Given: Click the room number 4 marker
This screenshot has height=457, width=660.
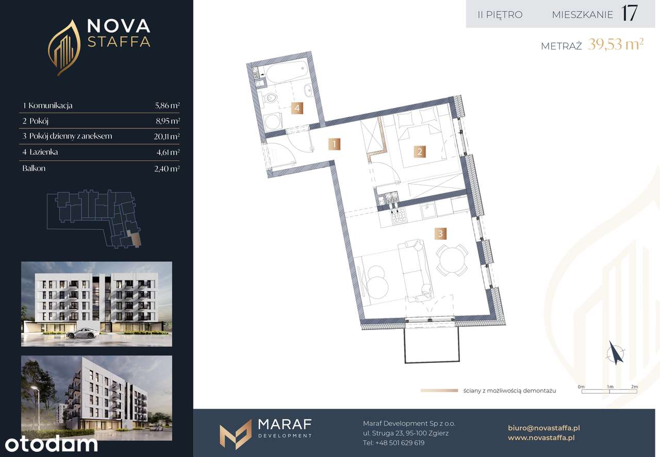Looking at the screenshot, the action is (297, 108).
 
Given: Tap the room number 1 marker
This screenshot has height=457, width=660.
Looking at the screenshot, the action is (334, 144).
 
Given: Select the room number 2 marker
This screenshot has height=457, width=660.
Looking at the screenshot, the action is (420, 152).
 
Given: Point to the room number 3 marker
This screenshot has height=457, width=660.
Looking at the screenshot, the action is (440, 233).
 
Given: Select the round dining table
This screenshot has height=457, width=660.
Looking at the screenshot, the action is (452, 260).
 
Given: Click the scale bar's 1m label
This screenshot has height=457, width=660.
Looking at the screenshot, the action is (610, 387).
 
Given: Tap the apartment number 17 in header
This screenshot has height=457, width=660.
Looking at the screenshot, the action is (629, 13).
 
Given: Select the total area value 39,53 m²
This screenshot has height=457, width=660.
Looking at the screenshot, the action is (616, 44).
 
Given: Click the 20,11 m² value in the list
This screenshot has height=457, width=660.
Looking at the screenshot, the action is (167, 137).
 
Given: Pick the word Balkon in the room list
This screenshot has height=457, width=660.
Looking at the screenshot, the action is (34, 168).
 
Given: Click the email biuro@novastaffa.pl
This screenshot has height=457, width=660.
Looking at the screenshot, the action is (544, 428).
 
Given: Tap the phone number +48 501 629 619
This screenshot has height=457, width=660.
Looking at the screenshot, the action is (400, 443).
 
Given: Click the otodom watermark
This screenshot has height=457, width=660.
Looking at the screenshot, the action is (51, 444).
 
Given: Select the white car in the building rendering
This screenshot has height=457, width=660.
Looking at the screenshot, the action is (83, 334).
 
